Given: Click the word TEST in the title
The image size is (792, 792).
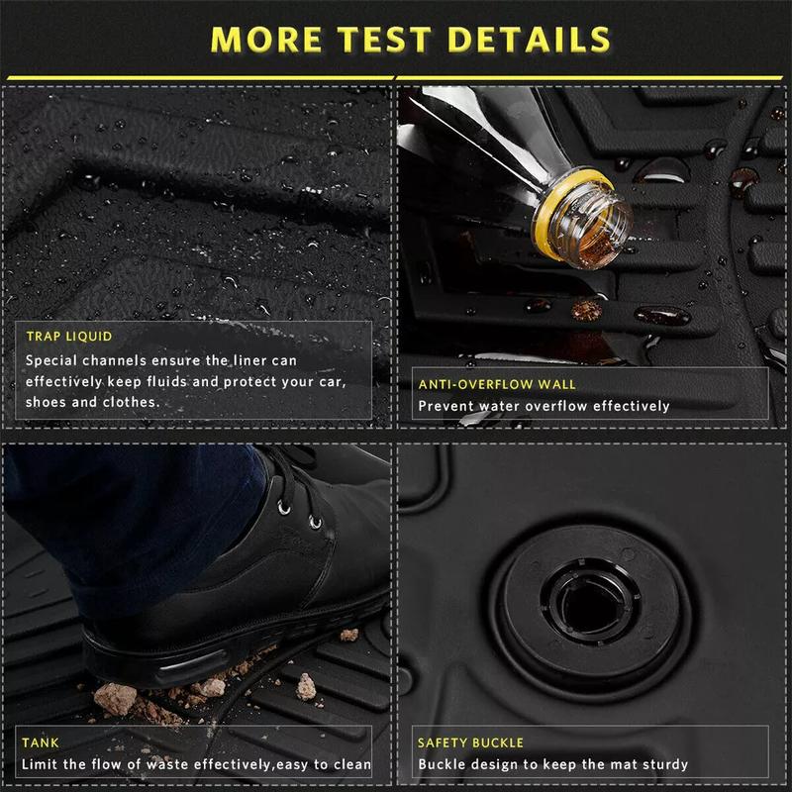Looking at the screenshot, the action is pyautogui.click(x=384, y=40).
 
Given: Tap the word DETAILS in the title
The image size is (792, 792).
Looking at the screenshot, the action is pyautogui.click(x=529, y=40).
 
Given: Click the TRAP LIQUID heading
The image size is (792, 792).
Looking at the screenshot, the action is pyautogui.click(x=69, y=337).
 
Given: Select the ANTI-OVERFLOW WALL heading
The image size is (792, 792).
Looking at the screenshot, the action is pyautogui.click(x=497, y=384).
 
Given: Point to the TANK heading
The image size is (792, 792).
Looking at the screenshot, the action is pyautogui.click(x=41, y=742).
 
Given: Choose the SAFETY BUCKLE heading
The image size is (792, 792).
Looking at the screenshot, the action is pyautogui.click(x=471, y=742).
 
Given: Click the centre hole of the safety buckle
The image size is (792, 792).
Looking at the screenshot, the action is pyautogui.click(x=590, y=604).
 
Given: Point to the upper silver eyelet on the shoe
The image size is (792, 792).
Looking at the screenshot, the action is pyautogui.click(x=284, y=508).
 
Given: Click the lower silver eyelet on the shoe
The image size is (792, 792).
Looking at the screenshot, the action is pyautogui.click(x=315, y=523).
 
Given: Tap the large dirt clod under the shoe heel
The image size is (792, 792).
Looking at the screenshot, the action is pyautogui.click(x=116, y=699).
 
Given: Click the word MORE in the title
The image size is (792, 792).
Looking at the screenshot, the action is pyautogui.click(x=266, y=40).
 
